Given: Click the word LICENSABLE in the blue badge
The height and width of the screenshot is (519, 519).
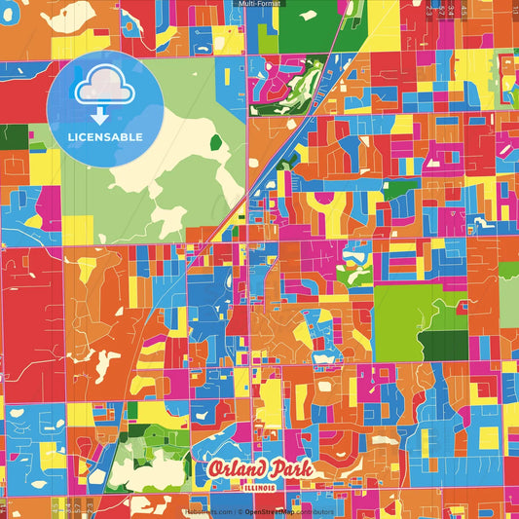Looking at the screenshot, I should [x=106, y=137].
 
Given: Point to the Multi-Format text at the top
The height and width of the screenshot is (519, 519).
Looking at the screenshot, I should [x=259, y=5].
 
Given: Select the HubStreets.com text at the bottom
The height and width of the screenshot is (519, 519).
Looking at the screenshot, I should [x=205, y=510].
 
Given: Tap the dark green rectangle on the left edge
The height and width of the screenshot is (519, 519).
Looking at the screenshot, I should [x=13, y=136].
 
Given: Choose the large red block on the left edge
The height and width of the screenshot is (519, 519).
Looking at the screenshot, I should [x=29, y=302].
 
